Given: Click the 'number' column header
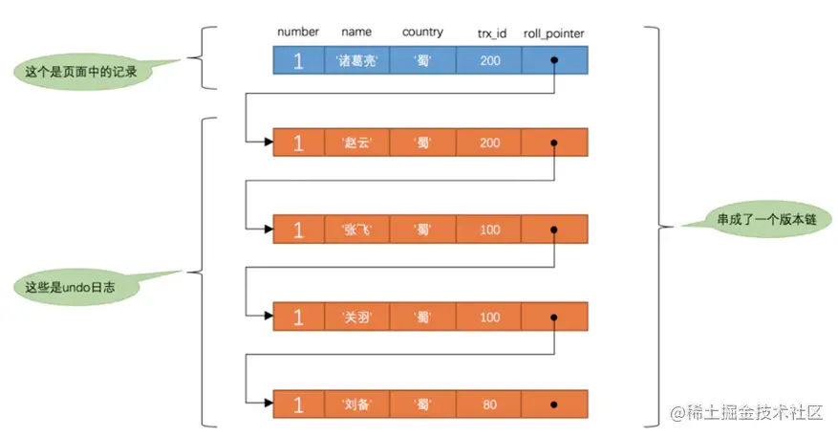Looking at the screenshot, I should [297, 33].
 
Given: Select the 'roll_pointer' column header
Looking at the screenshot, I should [553, 33].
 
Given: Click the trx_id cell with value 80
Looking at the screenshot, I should [489, 404].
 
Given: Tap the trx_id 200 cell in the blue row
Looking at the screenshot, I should [489, 61].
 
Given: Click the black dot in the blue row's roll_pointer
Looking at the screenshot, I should [554, 61].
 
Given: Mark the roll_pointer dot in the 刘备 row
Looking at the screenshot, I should [554, 404].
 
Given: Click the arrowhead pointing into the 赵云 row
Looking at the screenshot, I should [267, 143].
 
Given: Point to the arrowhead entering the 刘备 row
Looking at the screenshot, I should [267, 404].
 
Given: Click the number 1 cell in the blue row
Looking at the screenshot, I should [297, 61].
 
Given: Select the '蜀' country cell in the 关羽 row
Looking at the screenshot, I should [422, 317].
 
